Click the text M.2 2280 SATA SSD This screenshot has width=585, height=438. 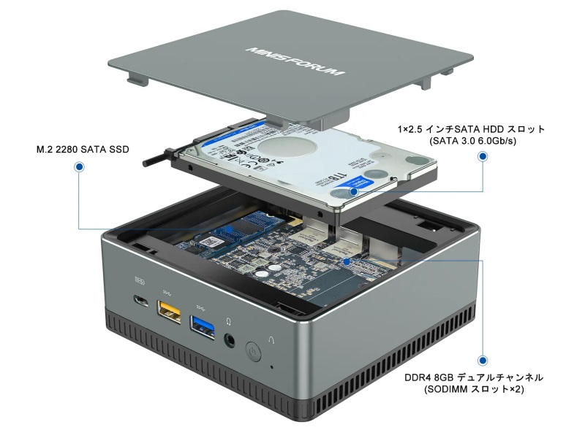83,150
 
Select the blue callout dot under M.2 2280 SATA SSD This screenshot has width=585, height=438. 78,167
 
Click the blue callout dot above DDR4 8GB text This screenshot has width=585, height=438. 482,360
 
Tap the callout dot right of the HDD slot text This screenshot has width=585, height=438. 482,157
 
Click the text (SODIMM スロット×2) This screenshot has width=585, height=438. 475,391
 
